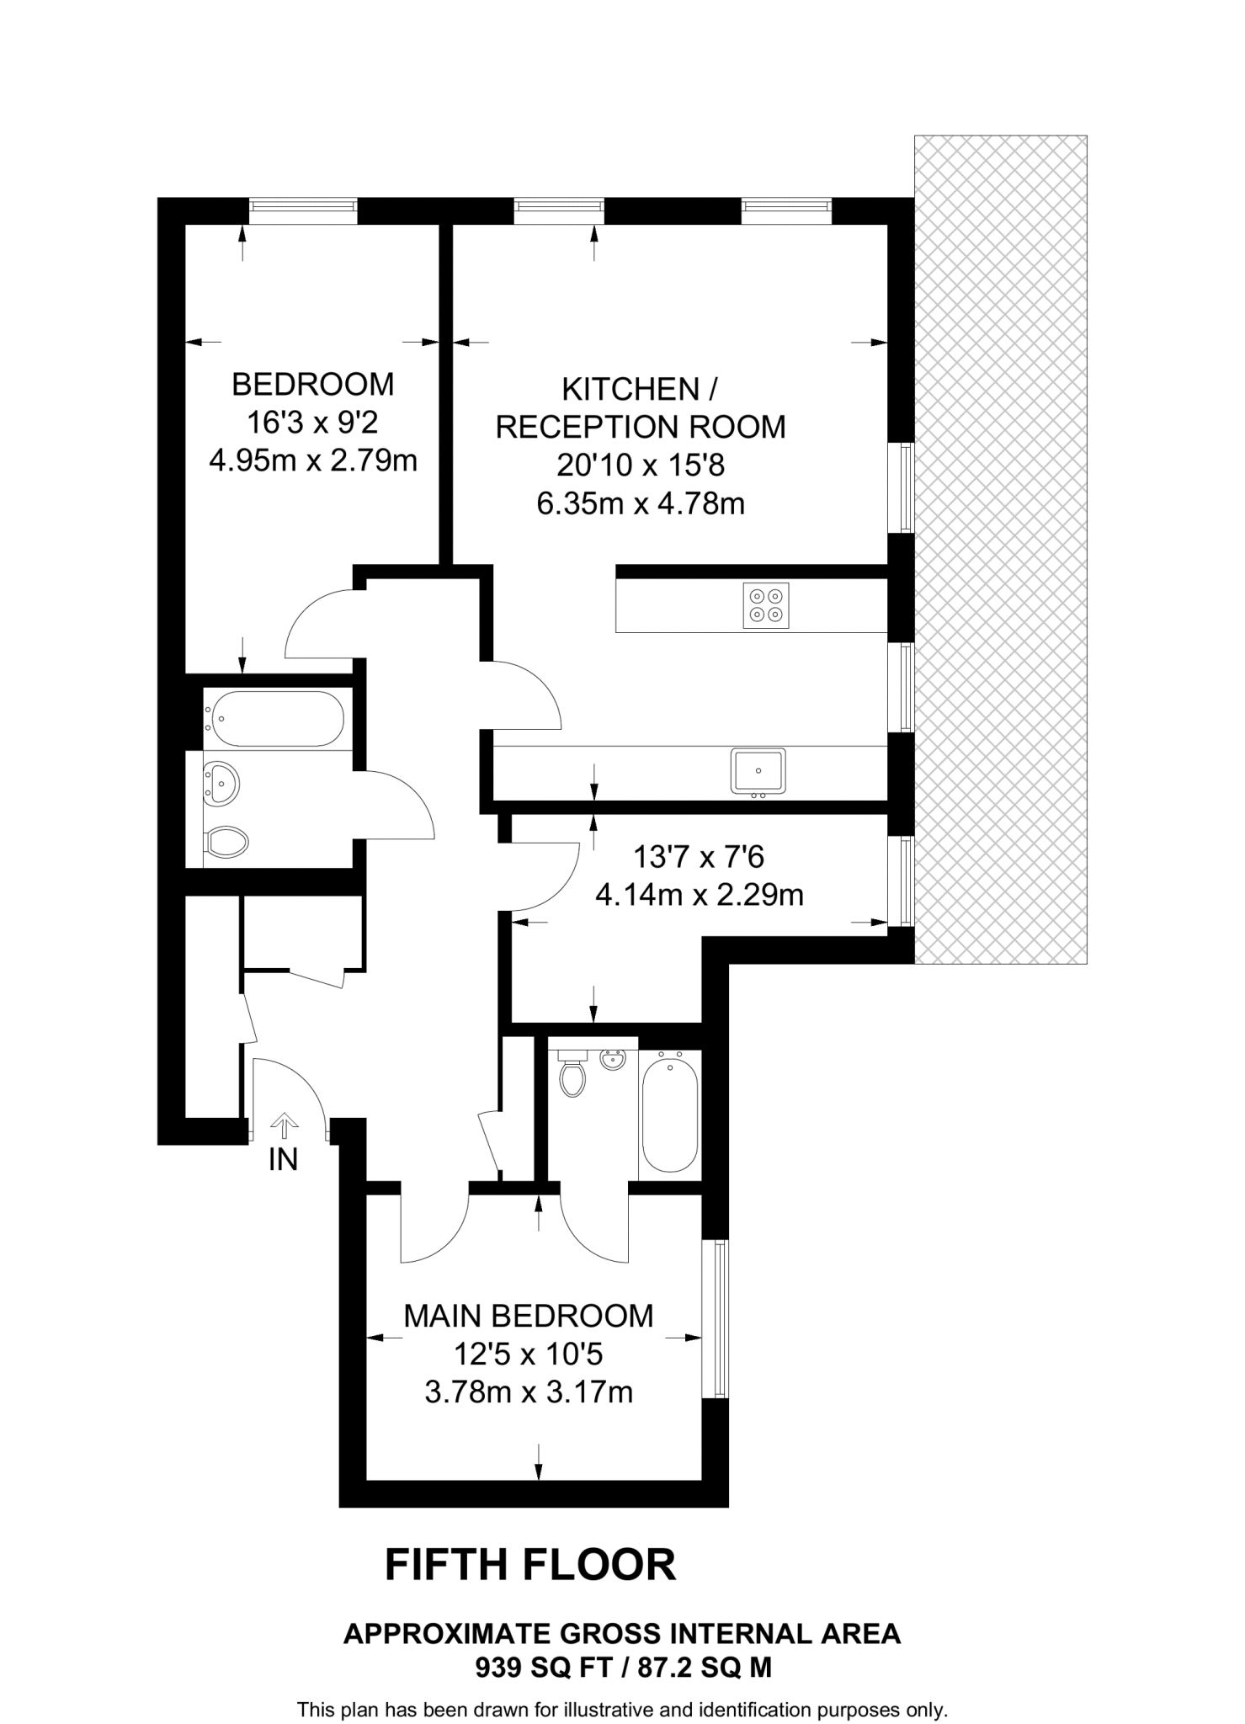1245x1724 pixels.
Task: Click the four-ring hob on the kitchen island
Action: (x=766, y=604)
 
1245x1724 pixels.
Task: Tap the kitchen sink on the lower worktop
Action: (x=758, y=770)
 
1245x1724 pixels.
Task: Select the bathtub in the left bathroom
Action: (x=277, y=718)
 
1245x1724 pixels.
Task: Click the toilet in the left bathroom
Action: (x=227, y=840)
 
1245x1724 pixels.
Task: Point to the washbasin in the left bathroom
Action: (x=223, y=783)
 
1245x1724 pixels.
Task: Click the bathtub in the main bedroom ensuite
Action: (x=670, y=1115)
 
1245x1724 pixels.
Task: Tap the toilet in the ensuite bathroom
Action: (x=573, y=1075)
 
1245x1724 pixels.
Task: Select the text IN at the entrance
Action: (x=284, y=1160)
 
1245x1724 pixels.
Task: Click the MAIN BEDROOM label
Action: (x=528, y=1316)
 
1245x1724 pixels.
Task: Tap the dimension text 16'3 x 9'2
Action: (x=312, y=423)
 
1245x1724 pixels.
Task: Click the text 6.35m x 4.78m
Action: (x=640, y=503)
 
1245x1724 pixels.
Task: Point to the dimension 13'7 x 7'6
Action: (x=698, y=857)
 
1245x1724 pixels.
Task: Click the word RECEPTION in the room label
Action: (x=589, y=427)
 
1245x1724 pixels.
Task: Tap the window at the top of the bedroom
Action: (x=303, y=210)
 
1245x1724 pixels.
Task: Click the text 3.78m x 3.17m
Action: (x=528, y=1392)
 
